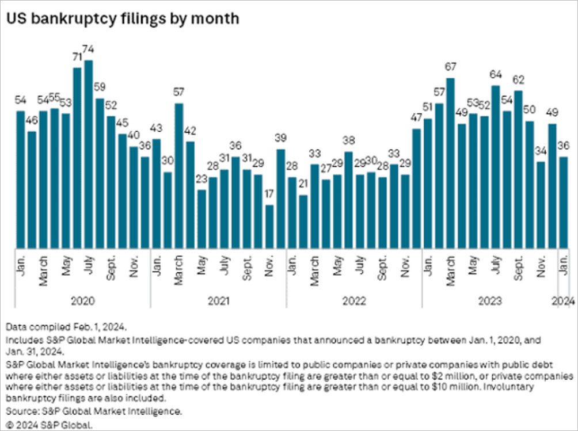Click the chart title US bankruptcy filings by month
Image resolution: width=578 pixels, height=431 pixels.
[122, 18]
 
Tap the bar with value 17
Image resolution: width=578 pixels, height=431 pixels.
[269, 227]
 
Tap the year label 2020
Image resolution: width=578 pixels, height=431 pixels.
[83, 301]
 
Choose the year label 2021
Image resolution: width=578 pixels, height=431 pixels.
[218, 301]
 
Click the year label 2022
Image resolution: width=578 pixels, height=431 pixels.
[354, 301]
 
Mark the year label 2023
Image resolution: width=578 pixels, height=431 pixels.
[489, 301]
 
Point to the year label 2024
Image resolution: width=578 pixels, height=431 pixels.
[564, 301]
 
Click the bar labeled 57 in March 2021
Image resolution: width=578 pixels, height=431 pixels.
[179, 176]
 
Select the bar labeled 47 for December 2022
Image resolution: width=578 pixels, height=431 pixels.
[416, 188]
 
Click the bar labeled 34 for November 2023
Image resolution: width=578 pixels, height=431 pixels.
[541, 205]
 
